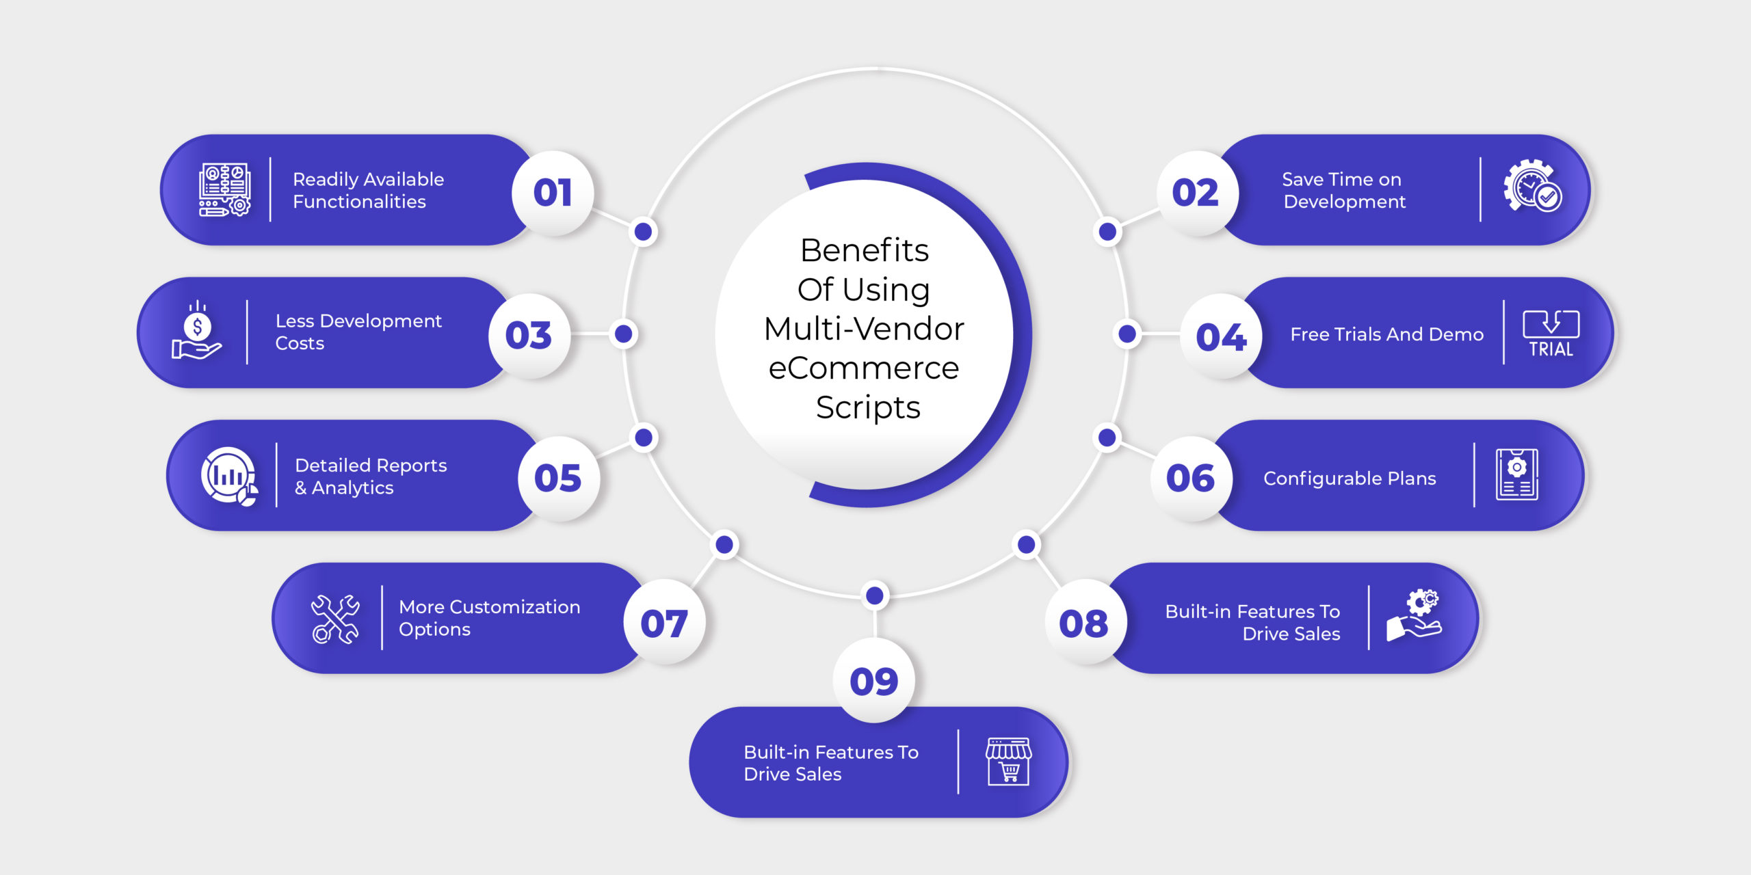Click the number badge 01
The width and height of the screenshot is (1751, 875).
[553, 193]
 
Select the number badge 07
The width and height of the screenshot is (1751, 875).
[664, 623]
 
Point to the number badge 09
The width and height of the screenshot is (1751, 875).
[874, 681]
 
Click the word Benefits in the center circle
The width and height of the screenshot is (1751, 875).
[865, 250]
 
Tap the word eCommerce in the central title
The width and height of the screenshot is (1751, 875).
[864, 368]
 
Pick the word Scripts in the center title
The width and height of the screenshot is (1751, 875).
[868, 408]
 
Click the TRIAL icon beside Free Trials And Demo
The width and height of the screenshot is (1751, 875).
[1551, 334]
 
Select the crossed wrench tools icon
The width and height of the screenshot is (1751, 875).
[335, 619]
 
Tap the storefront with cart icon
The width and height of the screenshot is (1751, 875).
[1008, 762]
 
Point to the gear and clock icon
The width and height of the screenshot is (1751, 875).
[1532, 186]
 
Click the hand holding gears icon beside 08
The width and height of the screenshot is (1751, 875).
[1414, 615]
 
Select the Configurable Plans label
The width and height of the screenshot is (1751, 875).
[1350, 479]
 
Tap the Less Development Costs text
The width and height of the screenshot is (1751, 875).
[358, 332]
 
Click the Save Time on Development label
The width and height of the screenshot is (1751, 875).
[1343, 190]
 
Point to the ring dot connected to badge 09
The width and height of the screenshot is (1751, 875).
[874, 595]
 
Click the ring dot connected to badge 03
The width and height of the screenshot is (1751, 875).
[623, 334]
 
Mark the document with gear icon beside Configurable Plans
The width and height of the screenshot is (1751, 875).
[1516, 474]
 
